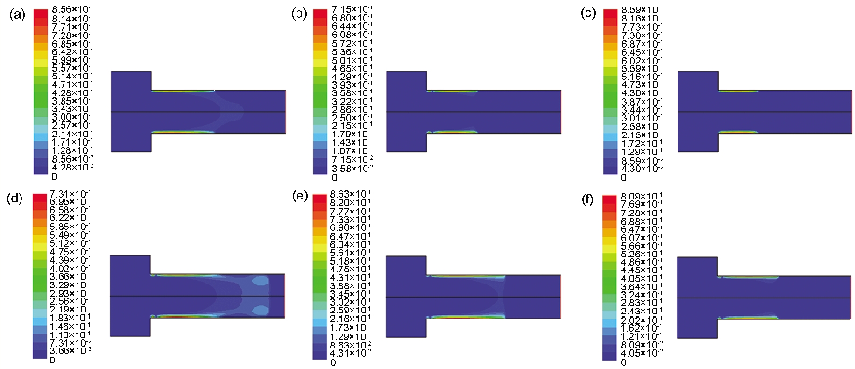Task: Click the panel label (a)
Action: pyautogui.click(x=17, y=15)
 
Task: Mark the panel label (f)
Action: pyautogui.click(x=587, y=199)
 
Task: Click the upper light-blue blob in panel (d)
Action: pyautogui.click(x=260, y=281)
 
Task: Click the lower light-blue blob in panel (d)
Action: pyautogui.click(x=260, y=310)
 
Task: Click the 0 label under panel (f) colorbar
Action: pyautogui.click(x=623, y=362)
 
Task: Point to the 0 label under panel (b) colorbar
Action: pyautogui.click(x=334, y=177)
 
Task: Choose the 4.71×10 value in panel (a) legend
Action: pyautogui.click(x=72, y=85)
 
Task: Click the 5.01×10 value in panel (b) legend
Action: pyautogui.click(x=352, y=60)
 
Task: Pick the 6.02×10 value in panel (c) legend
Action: pyautogui.click(x=641, y=60)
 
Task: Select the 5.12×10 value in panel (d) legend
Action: pyautogui.click(x=70, y=243)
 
